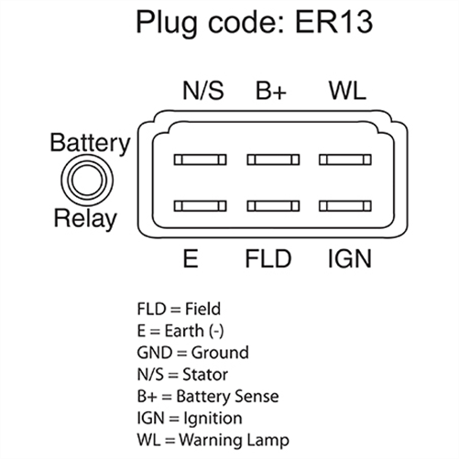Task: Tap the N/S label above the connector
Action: (x=203, y=90)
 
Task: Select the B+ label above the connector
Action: (x=271, y=91)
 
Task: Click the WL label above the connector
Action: (x=347, y=91)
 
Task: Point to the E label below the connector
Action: (x=191, y=258)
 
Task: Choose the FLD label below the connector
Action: (x=268, y=258)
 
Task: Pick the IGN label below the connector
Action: (x=350, y=258)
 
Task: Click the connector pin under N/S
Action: (x=201, y=159)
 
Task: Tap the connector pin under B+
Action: (x=273, y=159)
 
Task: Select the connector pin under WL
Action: (x=345, y=159)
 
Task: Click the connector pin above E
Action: (x=201, y=206)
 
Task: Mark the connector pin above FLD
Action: (x=273, y=206)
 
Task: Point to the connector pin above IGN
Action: (x=345, y=206)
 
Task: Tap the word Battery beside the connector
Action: (x=90, y=143)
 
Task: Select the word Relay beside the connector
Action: (x=85, y=219)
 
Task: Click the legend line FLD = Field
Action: (x=179, y=309)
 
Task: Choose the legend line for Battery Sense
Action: (x=208, y=396)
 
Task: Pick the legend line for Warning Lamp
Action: (x=213, y=440)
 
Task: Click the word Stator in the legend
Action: (x=205, y=375)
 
